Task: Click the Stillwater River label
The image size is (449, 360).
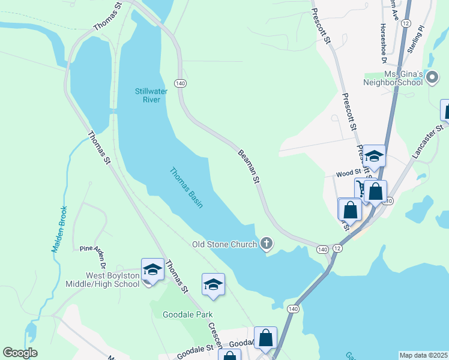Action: [x=147, y=95]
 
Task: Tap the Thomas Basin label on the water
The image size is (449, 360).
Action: [x=185, y=187]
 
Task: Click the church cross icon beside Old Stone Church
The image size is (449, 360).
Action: [x=267, y=244]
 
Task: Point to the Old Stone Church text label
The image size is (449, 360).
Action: [x=224, y=244]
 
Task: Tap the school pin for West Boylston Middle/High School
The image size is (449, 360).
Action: [x=152, y=269]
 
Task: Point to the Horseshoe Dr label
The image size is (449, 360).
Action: [x=382, y=43]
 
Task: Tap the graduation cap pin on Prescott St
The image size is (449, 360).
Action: [x=374, y=156]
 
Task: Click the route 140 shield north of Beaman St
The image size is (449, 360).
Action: [x=180, y=82]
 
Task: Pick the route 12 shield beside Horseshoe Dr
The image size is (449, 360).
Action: [x=406, y=22]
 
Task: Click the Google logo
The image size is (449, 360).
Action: [x=20, y=352]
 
